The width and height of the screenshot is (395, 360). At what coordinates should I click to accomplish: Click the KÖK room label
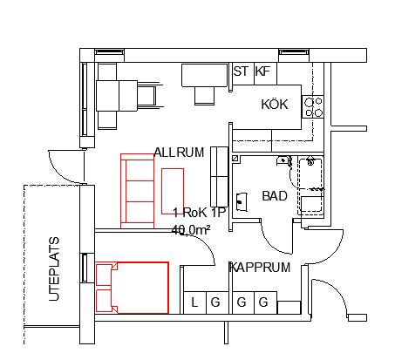click(x=275, y=104)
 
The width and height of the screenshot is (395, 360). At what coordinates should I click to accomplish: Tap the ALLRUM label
click(x=179, y=153)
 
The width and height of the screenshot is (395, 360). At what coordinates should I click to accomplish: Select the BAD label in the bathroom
click(x=275, y=196)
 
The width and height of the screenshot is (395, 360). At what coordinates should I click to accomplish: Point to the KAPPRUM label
click(x=260, y=268)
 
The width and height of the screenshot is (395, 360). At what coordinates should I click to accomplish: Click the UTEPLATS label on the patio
click(x=54, y=269)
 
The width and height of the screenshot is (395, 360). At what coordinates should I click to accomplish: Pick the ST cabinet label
click(x=241, y=71)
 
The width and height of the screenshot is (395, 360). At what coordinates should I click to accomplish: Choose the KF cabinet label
click(x=262, y=71)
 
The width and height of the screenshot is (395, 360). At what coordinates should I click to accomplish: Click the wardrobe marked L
click(x=195, y=302)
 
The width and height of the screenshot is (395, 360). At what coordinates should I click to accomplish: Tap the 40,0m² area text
click(x=191, y=230)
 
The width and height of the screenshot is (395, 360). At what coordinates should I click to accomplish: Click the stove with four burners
click(x=312, y=106)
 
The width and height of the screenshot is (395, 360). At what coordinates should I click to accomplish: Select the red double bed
click(x=133, y=288)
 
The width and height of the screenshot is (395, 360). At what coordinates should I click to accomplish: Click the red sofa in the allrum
click(x=137, y=191)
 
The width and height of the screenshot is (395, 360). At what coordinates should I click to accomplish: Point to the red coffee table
click(x=173, y=191)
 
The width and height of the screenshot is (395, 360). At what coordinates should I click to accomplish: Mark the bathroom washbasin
click(x=242, y=202)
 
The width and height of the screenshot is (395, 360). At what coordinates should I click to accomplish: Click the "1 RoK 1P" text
click(x=200, y=213)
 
